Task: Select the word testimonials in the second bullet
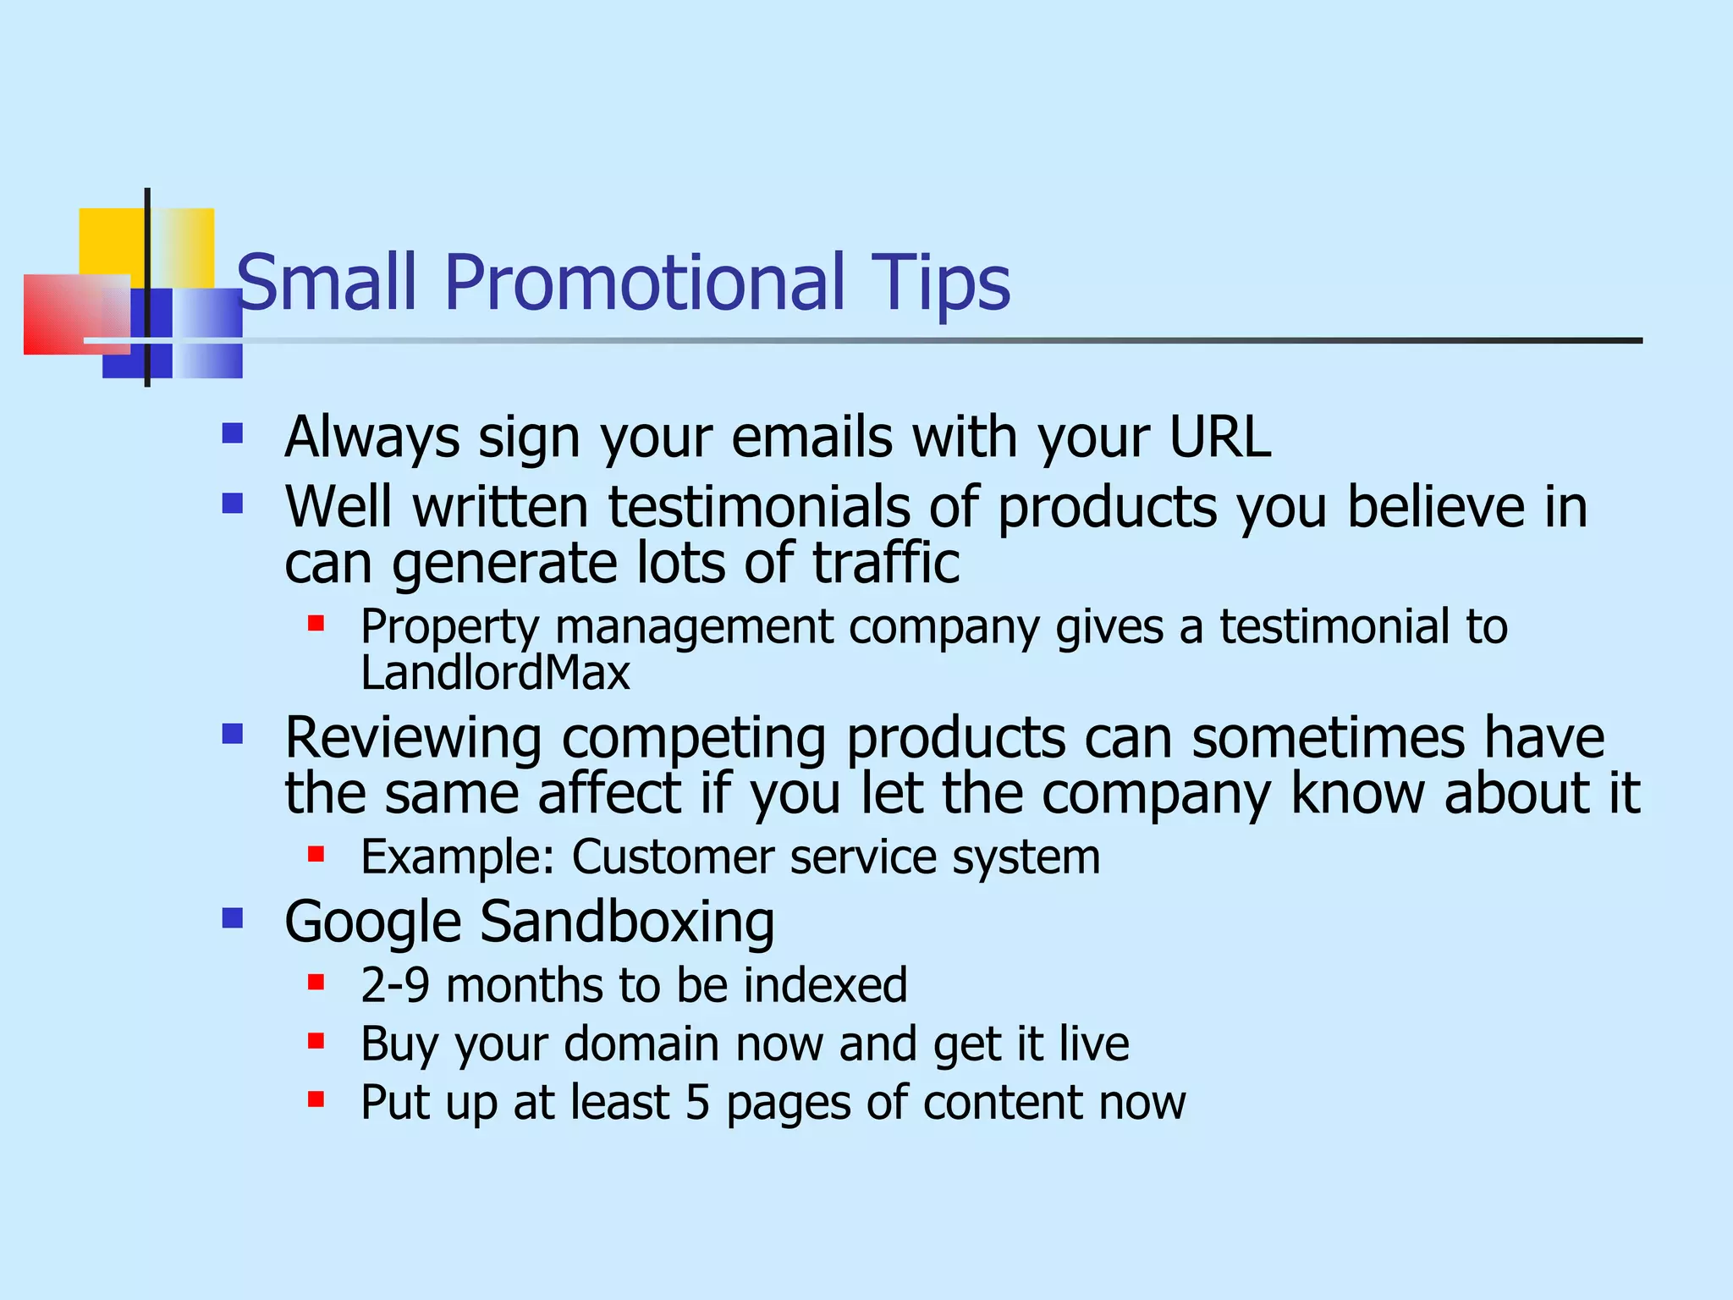pos(759,508)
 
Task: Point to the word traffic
pos(886,564)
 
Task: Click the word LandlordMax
pos(495,674)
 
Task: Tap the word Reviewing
pos(413,739)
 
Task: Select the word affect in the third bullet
pos(609,794)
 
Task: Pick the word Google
pos(372,923)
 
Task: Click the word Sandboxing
pos(627,923)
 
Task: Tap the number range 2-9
pos(394,986)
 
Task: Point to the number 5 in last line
pos(697,1103)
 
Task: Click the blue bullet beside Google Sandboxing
pos(233,918)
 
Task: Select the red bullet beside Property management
pos(316,625)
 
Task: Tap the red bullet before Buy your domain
pos(316,1041)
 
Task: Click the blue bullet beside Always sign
pos(233,434)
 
